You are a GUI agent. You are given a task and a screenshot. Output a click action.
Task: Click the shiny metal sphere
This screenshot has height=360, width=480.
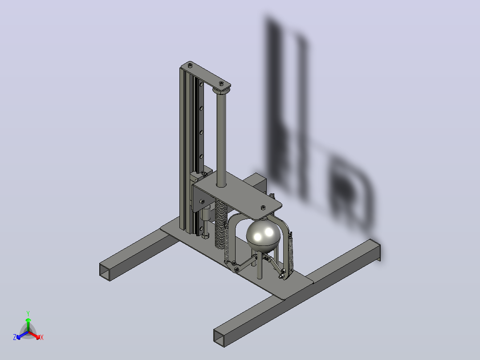pos(263,236)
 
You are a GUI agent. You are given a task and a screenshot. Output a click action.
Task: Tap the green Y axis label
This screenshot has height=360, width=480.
pos(28,313)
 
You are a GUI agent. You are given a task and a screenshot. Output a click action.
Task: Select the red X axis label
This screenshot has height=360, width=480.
pos(42,337)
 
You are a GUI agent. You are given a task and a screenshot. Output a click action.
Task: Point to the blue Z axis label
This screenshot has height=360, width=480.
pos(14,337)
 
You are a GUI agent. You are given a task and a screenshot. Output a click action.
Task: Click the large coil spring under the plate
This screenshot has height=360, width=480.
pos(221,225)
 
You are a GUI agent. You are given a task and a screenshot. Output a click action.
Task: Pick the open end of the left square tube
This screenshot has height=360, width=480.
pos(105,272)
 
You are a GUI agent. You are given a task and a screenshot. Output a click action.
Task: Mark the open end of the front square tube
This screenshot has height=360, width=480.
pos(219,338)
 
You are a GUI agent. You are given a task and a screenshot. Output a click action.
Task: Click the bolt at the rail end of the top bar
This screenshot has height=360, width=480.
pos(190,65)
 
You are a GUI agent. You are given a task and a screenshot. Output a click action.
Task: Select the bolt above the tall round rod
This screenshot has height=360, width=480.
pos(221,83)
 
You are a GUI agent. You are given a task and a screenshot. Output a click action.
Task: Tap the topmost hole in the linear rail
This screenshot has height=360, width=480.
pos(201,84)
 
